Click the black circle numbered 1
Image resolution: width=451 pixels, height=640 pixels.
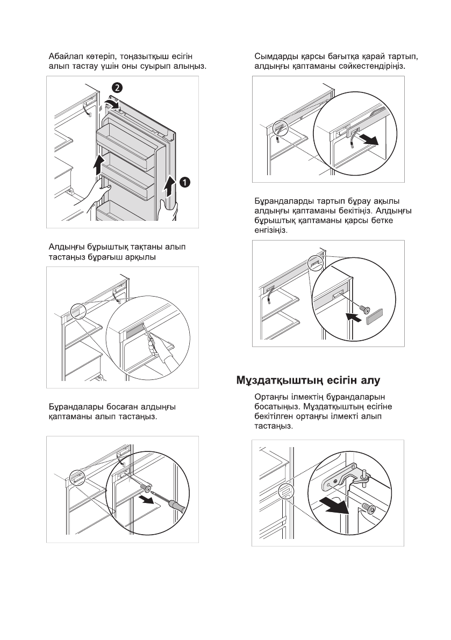coord(184,183)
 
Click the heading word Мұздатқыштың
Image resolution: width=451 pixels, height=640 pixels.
coord(279,381)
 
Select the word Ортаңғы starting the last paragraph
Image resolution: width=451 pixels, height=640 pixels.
coord(271,397)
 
